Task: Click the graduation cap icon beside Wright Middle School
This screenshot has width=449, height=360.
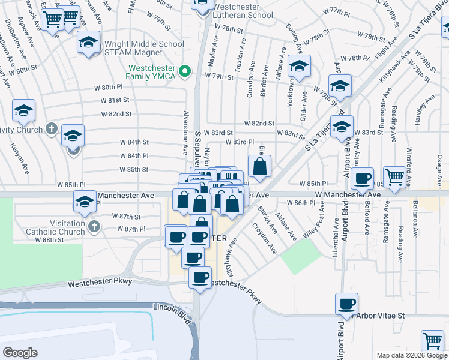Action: pyautogui.click(x=88, y=43)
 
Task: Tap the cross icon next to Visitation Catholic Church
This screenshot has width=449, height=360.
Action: pyautogui.click(x=93, y=226)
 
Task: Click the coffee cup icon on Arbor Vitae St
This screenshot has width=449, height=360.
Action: pyautogui.click(x=346, y=304)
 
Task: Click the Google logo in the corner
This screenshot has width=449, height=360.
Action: pyautogui.click(x=20, y=353)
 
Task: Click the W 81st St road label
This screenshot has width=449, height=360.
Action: pyautogui.click(x=115, y=100)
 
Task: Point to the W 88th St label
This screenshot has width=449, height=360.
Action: pyautogui.click(x=65, y=240)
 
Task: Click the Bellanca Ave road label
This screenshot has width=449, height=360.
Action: pyautogui.click(x=415, y=216)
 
